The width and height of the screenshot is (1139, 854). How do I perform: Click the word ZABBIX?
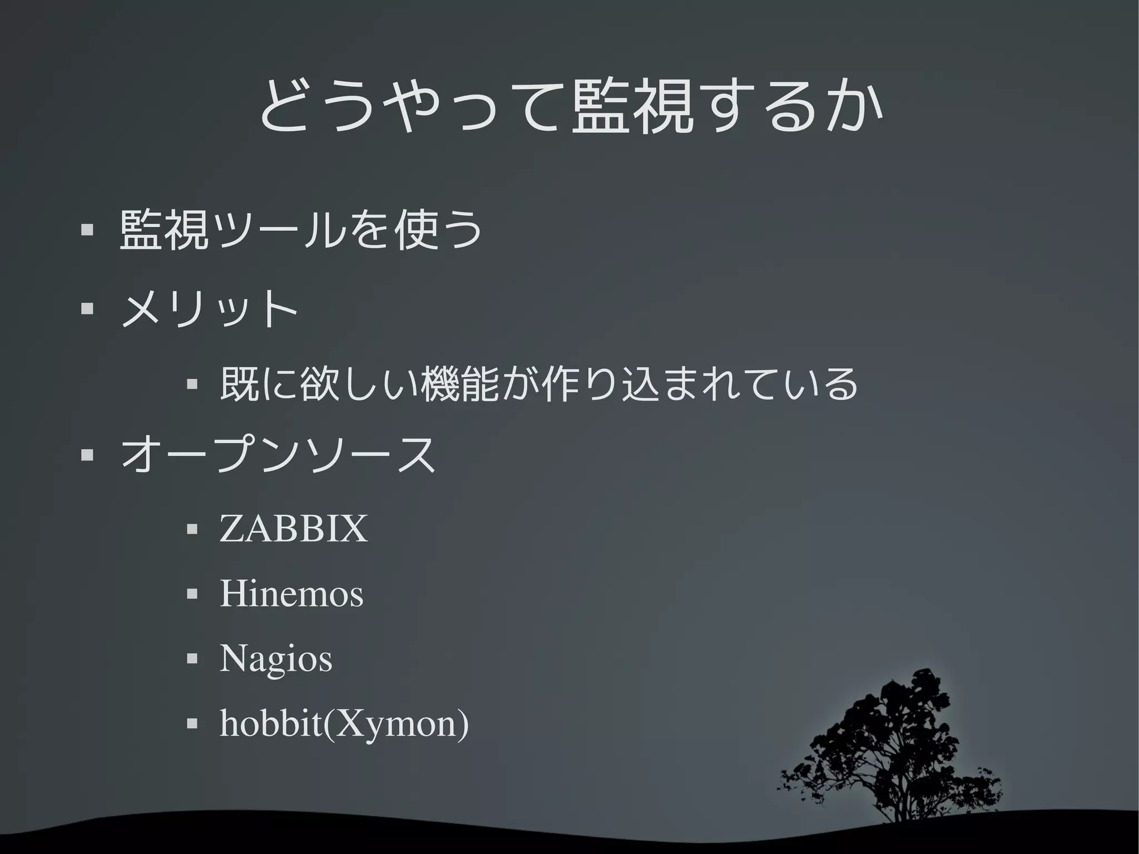tap(294, 529)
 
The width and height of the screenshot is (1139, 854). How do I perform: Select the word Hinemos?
tap(291, 594)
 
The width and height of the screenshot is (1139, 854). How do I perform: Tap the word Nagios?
tap(276, 659)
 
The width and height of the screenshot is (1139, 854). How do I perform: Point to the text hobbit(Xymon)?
tap(344, 724)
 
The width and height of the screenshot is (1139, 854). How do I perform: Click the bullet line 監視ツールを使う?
tap(300, 229)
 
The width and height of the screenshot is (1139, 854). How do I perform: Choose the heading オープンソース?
tap(278, 454)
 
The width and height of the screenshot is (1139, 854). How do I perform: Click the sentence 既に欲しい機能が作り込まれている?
tap(538, 384)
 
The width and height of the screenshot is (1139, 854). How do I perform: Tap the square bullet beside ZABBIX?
tap(192, 529)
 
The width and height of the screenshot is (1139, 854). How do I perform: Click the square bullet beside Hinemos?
tap(192, 594)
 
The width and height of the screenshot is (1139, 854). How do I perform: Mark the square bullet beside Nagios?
tap(192, 659)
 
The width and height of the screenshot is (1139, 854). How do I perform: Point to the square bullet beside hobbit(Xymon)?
tap(192, 724)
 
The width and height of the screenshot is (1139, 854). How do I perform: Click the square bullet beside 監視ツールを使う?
tap(86, 229)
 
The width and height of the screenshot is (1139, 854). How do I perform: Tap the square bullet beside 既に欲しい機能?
tap(192, 384)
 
